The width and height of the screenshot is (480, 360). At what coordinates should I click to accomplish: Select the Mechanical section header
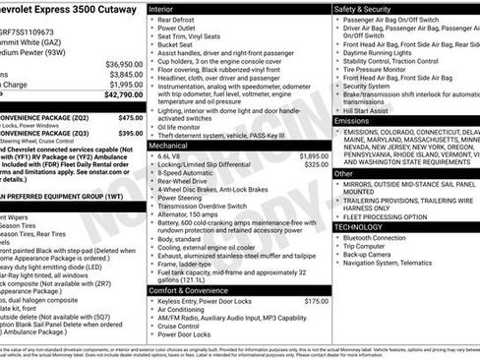coord(171,145)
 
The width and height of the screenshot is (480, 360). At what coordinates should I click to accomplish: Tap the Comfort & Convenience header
coord(191,291)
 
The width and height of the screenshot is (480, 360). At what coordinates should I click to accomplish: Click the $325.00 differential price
coord(316,164)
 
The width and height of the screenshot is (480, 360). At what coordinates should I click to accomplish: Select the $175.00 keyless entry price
coord(316,301)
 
